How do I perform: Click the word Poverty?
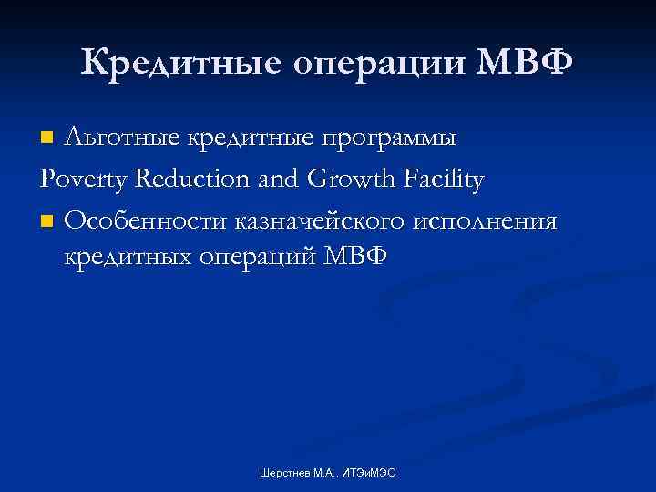[86, 180]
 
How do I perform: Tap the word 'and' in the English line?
[285, 179]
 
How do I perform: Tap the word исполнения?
[495, 220]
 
